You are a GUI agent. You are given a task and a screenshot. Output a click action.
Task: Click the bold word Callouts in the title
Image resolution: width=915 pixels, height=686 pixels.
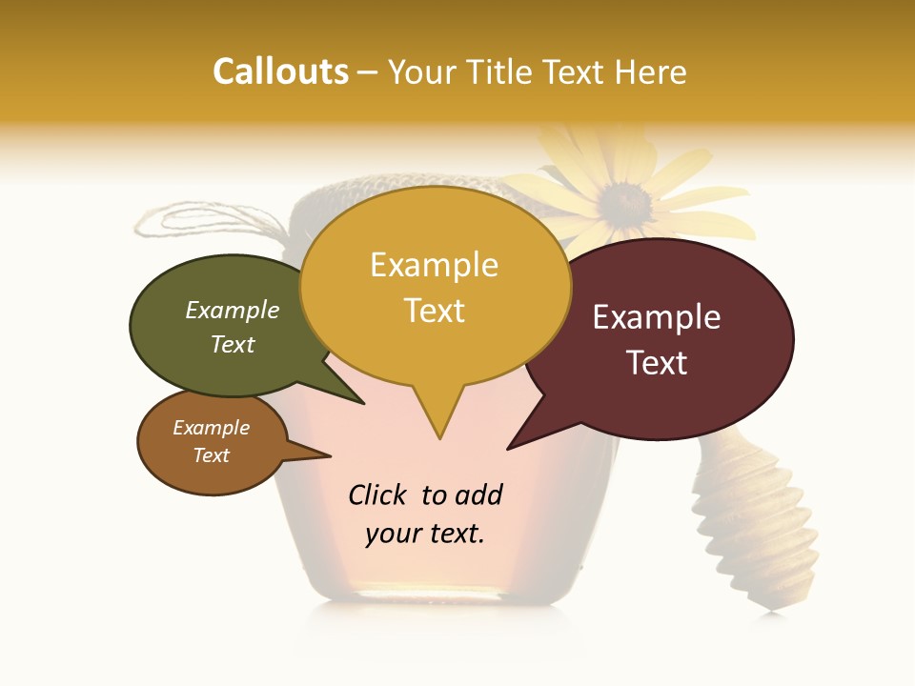[x=280, y=72]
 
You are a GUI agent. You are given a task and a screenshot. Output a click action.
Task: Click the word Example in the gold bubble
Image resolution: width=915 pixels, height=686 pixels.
[x=435, y=265]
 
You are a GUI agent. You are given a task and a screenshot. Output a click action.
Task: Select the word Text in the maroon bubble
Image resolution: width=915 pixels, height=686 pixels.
[x=657, y=363]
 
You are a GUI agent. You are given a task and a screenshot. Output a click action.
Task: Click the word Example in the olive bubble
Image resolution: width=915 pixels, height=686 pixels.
[x=233, y=310]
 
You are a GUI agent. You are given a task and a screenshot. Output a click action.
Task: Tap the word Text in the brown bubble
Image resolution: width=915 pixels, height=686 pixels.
[x=211, y=455]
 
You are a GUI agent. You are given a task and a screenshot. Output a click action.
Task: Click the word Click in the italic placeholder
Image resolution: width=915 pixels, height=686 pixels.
[x=379, y=494]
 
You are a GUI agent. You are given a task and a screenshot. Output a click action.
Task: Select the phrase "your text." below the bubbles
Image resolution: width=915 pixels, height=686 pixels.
[x=425, y=534]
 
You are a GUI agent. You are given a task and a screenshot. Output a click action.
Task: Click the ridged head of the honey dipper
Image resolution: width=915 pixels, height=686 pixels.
[x=758, y=534]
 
